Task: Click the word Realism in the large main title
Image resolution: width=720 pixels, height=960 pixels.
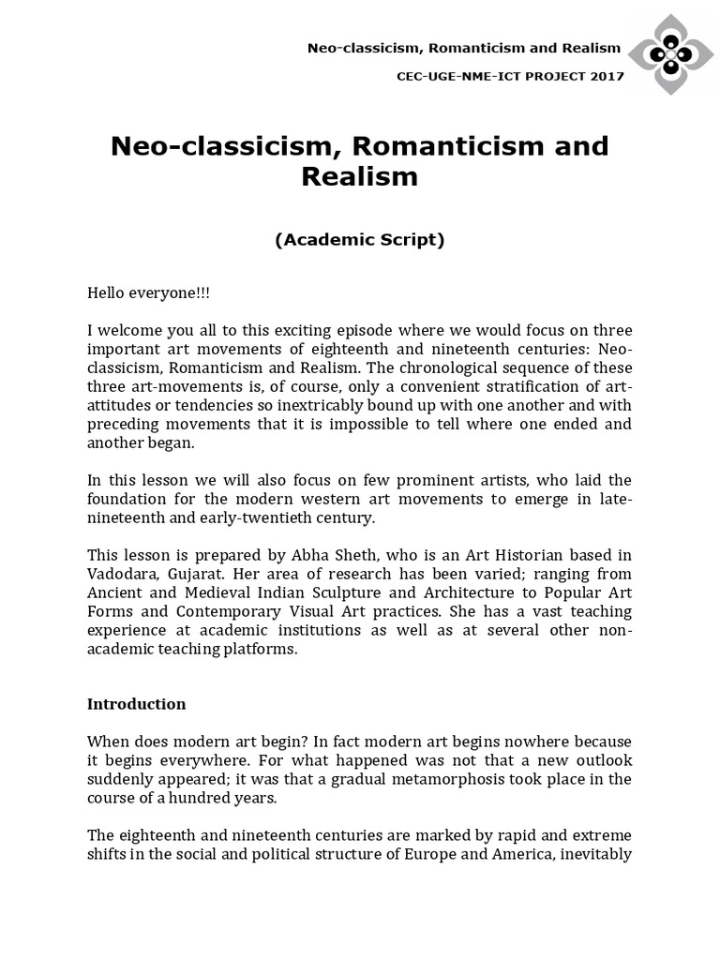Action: click(x=359, y=176)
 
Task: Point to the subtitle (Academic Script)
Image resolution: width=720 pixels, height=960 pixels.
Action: click(x=359, y=240)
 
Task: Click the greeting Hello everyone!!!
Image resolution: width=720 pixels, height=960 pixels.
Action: click(x=149, y=292)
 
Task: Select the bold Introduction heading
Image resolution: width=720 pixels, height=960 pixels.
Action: click(x=137, y=704)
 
